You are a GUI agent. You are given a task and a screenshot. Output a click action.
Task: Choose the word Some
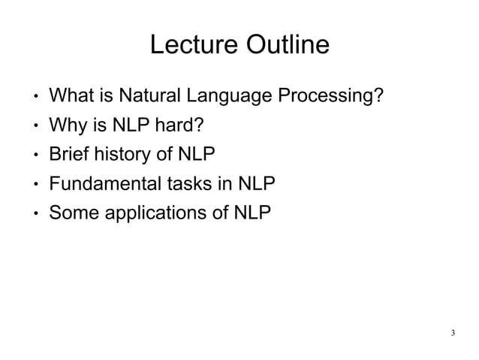point(73,214)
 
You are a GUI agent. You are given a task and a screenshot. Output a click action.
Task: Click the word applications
point(154,215)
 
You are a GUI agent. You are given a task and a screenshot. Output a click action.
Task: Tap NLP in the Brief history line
point(195,156)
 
